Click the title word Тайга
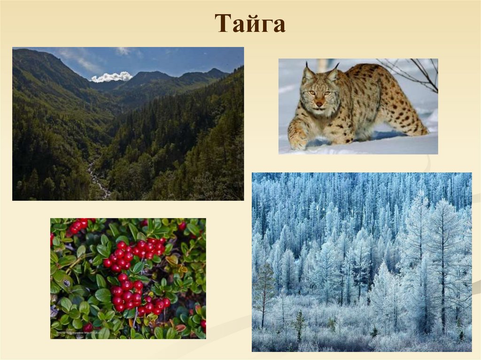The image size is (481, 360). (x=250, y=23)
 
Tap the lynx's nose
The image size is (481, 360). (x=319, y=103)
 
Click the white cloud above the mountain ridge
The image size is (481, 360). (x=111, y=77)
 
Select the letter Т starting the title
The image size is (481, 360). (x=222, y=23)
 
